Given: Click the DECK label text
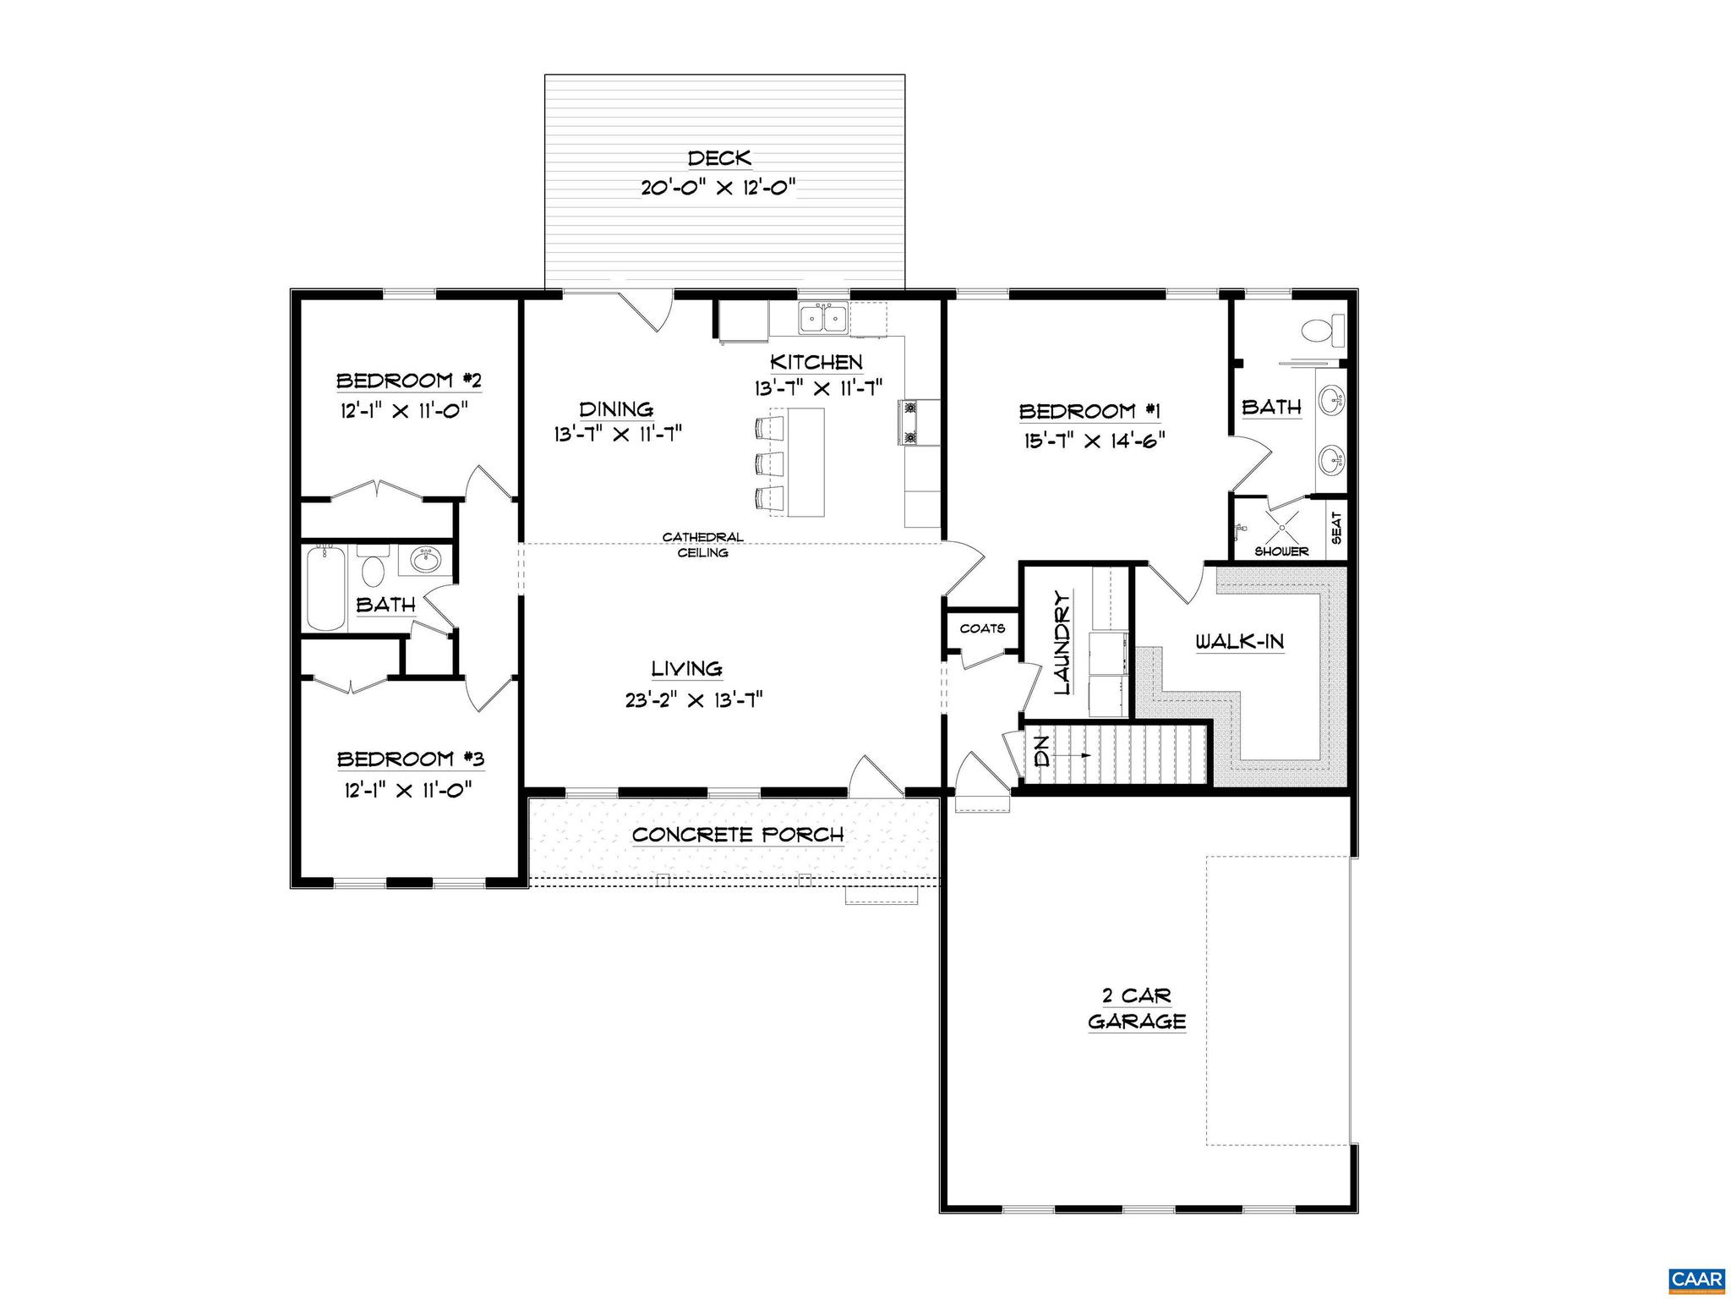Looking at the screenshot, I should pyautogui.click(x=719, y=158).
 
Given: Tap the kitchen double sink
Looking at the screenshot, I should pyautogui.click(x=824, y=319).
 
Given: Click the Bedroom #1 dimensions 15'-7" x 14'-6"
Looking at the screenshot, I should pyautogui.click(x=1092, y=440).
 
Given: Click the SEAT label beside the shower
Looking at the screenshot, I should pyautogui.click(x=1336, y=529).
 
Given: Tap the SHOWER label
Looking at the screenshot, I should pyautogui.click(x=1281, y=551).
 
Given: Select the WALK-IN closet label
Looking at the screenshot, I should pyautogui.click(x=1240, y=641).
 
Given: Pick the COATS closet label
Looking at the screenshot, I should pyautogui.click(x=982, y=628).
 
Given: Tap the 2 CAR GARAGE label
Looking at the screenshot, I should pyautogui.click(x=1136, y=1008).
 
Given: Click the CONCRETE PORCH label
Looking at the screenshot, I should pyautogui.click(x=738, y=835).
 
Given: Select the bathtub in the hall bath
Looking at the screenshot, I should pyautogui.click(x=325, y=588).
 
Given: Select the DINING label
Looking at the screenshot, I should pyautogui.click(x=616, y=409).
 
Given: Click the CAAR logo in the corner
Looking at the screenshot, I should pyautogui.click(x=1696, y=1278).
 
